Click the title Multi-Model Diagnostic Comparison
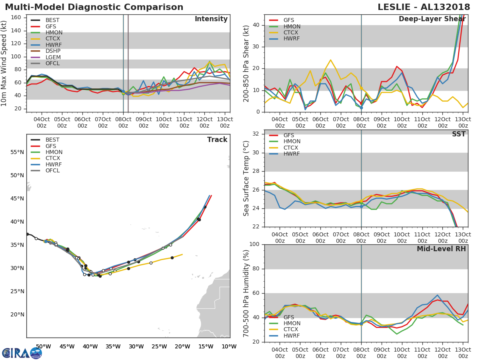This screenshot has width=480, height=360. click(x=94, y=7)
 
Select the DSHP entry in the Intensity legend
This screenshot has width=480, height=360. click(x=53, y=51)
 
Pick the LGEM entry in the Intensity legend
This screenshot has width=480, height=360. click(x=53, y=57)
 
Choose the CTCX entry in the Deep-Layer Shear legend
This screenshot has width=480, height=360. click(x=291, y=32)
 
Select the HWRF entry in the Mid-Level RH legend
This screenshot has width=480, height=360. click(x=291, y=336)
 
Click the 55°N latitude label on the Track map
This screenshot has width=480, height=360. click(x=17, y=152)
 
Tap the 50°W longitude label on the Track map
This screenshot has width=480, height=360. click(x=43, y=346)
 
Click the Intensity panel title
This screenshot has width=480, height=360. click(x=211, y=19)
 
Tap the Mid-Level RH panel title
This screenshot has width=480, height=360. click(x=441, y=249)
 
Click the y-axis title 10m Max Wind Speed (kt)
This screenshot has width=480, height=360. click(x=4, y=64)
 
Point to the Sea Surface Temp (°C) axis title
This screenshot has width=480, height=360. click(x=246, y=178)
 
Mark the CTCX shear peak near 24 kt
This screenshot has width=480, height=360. click(x=330, y=60)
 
